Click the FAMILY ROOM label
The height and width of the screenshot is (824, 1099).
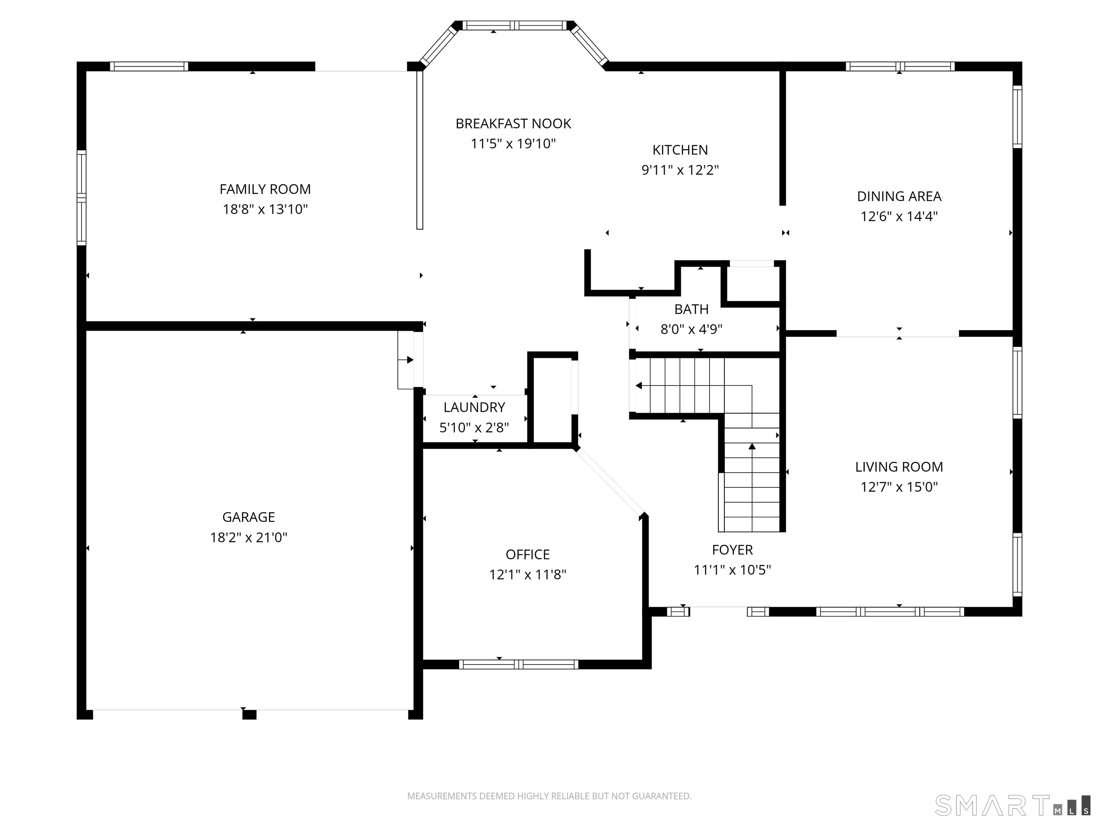[x=265, y=189]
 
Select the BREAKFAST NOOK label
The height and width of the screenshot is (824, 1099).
[x=513, y=124]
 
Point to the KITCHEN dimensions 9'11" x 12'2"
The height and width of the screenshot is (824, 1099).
[x=680, y=170]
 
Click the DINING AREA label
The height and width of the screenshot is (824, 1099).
[x=899, y=196]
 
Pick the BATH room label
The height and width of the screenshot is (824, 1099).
[x=692, y=309]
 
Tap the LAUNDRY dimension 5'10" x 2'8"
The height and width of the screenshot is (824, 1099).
[x=474, y=428]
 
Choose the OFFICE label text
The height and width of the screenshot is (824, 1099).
[x=528, y=554]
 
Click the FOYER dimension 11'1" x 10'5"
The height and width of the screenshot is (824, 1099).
[x=732, y=570]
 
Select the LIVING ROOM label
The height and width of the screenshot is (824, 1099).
[x=899, y=467]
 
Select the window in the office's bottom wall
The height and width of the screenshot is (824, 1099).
[x=519, y=664]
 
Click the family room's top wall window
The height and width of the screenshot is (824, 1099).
[x=149, y=67]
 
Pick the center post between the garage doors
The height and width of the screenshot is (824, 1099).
[x=249, y=715]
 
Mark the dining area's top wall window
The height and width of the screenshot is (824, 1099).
[x=900, y=67]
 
